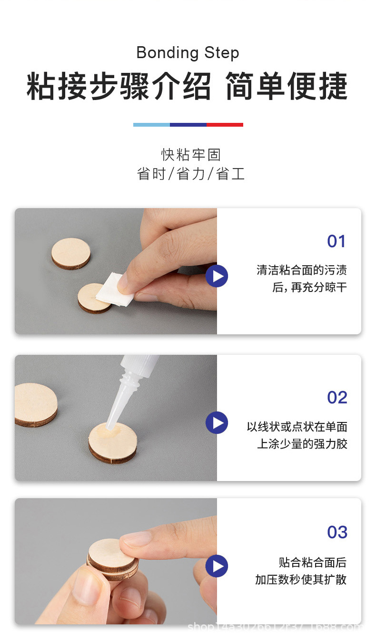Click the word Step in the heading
click(222, 53)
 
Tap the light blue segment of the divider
click(151, 125)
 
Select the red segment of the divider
click(225, 125)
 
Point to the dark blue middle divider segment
click(188, 125)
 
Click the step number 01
click(336, 241)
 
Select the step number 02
click(337, 397)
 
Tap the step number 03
click(337, 532)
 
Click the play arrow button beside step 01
click(217, 276)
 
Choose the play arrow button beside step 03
click(217, 566)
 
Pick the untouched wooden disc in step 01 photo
click(71, 253)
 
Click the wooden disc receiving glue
click(113, 442)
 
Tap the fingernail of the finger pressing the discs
click(136, 539)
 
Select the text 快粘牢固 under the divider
click(191, 155)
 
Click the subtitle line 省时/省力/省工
click(191, 174)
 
